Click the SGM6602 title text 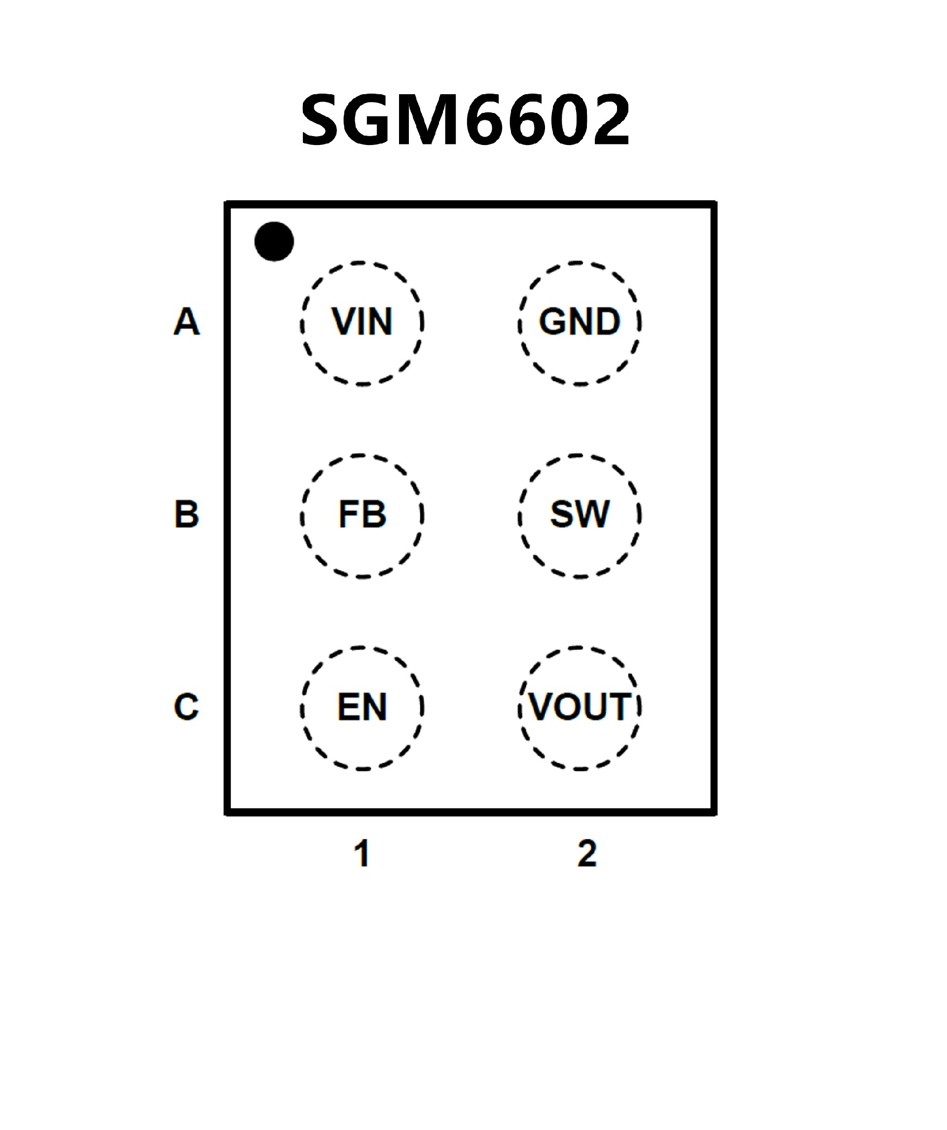coord(466,119)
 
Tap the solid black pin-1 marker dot coord(274,241)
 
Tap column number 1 coord(362,854)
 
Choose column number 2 coord(586,854)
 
